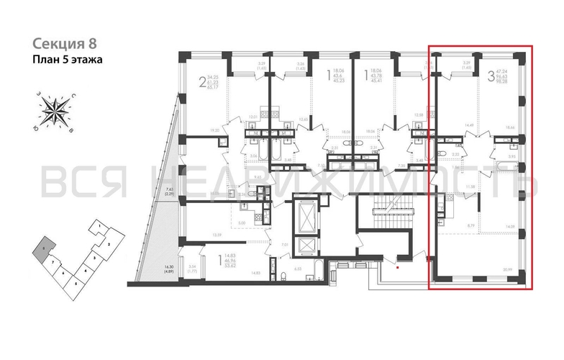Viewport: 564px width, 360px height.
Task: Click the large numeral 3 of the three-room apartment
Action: [x=491, y=74]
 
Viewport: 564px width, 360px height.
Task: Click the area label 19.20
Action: [x=213, y=130]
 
